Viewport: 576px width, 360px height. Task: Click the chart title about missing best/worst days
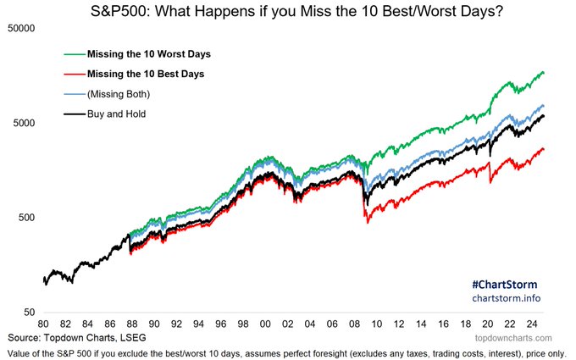(x=296, y=11)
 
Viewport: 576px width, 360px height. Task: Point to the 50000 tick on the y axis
(x=21, y=28)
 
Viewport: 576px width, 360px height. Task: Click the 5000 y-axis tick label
(x=24, y=123)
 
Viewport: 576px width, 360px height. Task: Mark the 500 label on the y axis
(x=27, y=217)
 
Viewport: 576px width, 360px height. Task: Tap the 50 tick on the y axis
(x=30, y=313)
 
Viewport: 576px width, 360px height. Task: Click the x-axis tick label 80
(x=43, y=324)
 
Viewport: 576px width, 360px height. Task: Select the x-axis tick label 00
(x=265, y=324)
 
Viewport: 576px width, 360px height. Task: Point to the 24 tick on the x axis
(x=532, y=324)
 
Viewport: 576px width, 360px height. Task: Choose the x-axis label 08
(x=354, y=324)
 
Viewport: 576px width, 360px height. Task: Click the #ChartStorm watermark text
(x=504, y=285)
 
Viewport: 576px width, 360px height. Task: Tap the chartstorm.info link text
(x=507, y=298)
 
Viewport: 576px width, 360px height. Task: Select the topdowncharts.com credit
(x=513, y=338)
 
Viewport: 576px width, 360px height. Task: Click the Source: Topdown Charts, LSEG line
(x=77, y=338)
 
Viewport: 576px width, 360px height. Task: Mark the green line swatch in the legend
(x=75, y=54)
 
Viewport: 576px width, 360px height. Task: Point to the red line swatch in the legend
(x=75, y=75)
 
